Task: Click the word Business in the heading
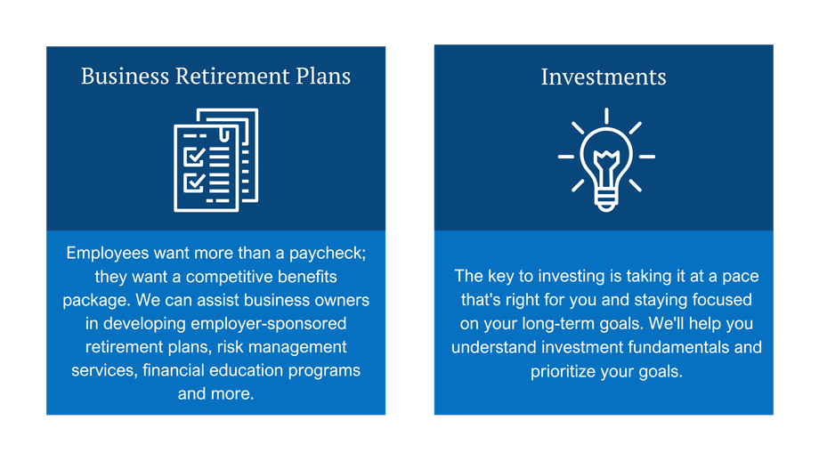point(125,77)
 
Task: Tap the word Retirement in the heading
point(232,77)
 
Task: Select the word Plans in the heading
point(323,77)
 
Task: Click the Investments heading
point(604,77)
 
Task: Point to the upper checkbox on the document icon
point(194,156)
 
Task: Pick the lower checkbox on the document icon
point(194,182)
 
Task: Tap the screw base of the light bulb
point(606,200)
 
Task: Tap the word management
point(297,347)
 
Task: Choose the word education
point(247,370)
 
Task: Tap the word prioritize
point(563,372)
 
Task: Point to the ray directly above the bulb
point(606,116)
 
